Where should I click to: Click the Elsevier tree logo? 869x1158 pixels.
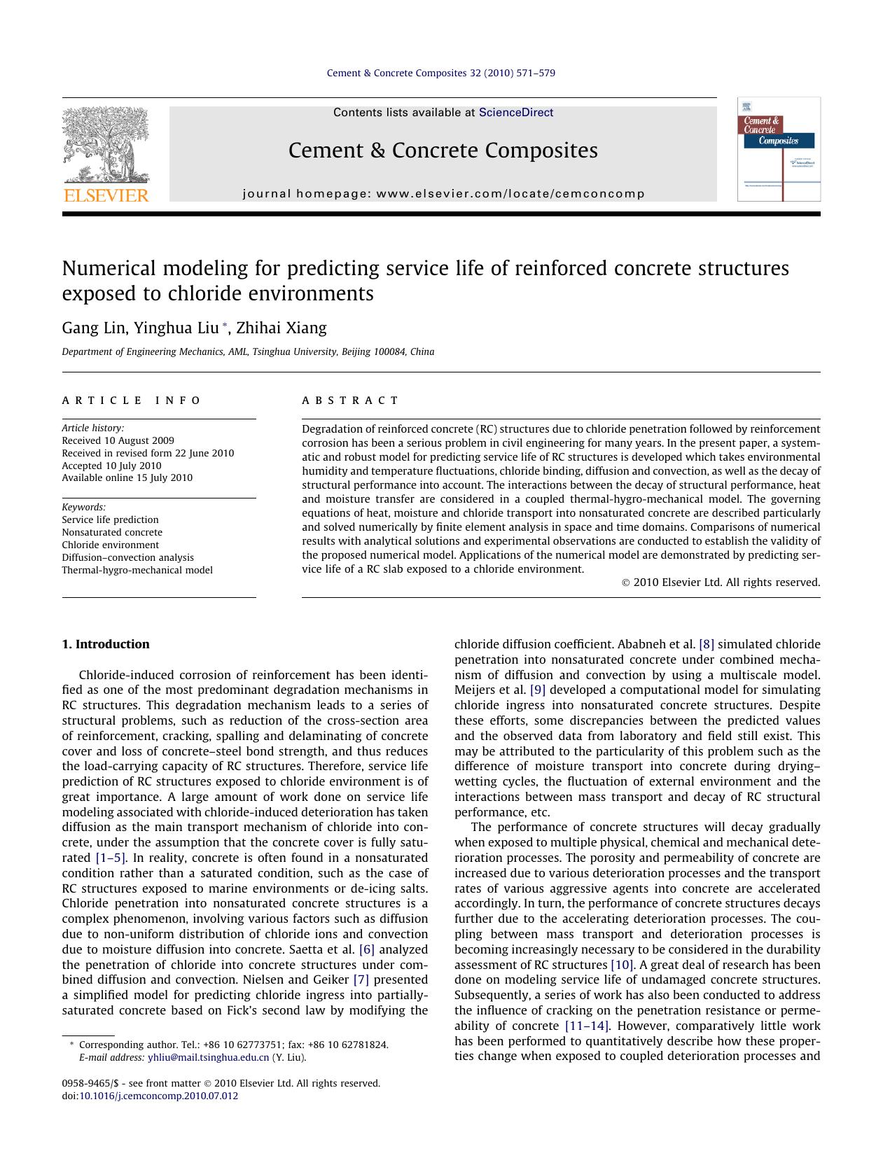(106, 146)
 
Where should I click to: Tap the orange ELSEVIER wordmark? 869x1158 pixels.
(106, 195)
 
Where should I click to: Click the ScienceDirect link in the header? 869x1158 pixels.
(515, 113)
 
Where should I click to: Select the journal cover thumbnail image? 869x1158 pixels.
(778, 149)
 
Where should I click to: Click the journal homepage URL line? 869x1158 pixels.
(443, 194)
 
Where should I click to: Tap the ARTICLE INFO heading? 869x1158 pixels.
(131, 400)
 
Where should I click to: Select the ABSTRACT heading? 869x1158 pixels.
(350, 400)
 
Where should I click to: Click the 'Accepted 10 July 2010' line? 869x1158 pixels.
(111, 466)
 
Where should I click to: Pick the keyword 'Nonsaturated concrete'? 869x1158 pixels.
(111, 532)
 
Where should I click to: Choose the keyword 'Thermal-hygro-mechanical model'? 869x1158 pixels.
(137, 570)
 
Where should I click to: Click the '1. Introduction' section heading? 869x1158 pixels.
(106, 644)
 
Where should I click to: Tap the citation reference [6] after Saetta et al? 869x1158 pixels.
(366, 949)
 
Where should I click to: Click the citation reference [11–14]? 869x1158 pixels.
(587, 1026)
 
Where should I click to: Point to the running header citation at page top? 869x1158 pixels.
(440, 73)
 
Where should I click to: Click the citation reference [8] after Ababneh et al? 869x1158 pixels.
(706, 644)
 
